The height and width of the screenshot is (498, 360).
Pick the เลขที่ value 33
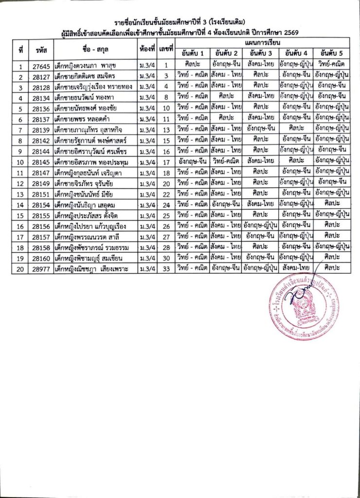click(166, 269)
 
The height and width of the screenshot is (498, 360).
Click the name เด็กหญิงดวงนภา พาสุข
click(88, 66)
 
